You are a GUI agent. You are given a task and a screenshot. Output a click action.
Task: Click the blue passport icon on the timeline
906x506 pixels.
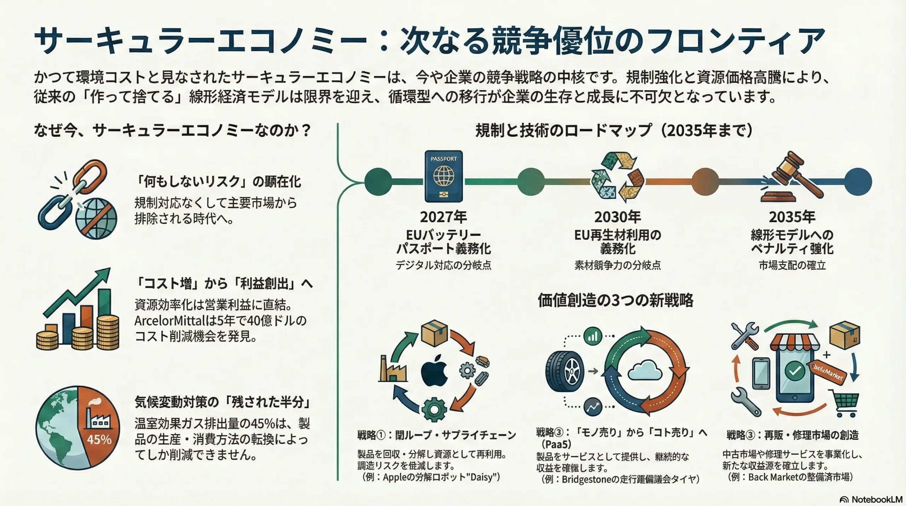443,176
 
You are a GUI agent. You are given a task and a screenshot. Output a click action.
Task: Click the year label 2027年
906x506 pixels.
443,217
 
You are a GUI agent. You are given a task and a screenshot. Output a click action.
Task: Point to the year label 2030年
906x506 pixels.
618,217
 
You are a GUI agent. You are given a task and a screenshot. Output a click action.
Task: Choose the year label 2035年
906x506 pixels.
792,217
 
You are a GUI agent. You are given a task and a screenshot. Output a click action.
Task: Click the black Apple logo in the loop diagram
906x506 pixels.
434,371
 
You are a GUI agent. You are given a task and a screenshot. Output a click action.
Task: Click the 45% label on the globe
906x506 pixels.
99,439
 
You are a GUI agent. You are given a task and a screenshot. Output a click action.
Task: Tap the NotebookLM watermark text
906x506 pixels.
876,499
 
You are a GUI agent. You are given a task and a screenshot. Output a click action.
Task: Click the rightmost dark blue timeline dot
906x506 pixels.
858,182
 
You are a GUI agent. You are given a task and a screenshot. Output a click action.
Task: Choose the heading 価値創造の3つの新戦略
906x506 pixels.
615,300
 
